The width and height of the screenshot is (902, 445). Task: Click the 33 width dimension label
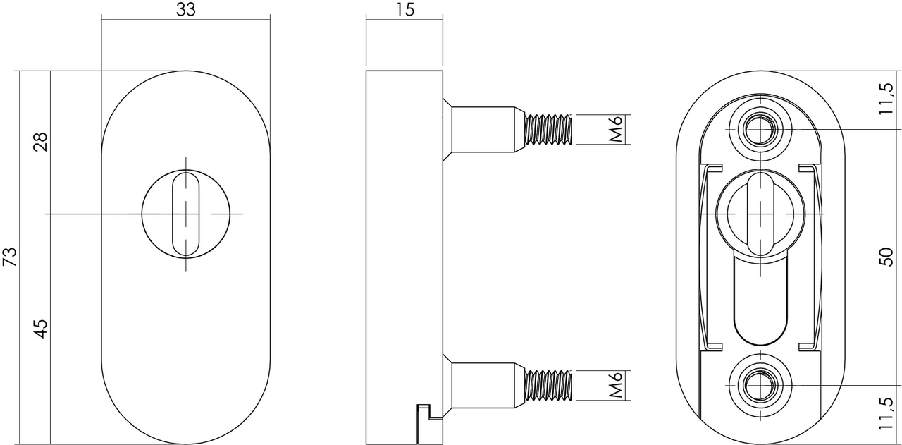(x=185, y=9)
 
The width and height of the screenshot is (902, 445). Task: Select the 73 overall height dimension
(x=9, y=257)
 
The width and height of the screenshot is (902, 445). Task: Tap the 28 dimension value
(x=41, y=142)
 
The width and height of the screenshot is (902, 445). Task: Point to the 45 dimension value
(x=41, y=328)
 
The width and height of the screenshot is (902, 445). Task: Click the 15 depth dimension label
(x=404, y=9)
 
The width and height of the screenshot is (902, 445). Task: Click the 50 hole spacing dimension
(x=886, y=257)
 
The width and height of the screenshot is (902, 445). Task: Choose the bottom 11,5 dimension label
(x=886, y=415)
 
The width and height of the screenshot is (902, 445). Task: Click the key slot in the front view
(x=186, y=214)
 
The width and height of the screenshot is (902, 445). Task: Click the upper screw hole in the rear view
(x=760, y=129)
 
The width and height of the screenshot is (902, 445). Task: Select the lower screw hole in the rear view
(x=760, y=386)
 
